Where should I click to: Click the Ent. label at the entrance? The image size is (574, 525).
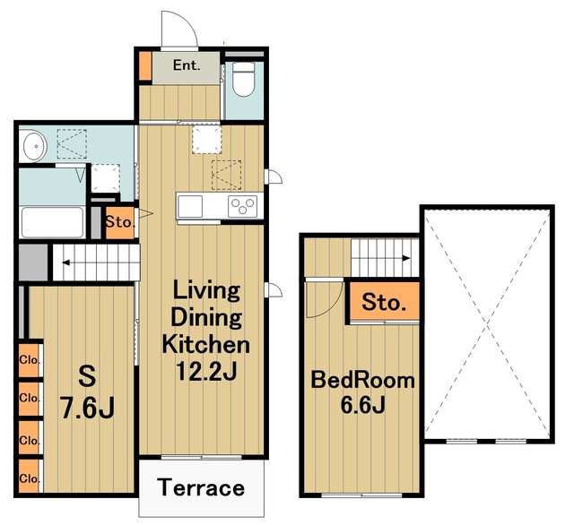(187, 65)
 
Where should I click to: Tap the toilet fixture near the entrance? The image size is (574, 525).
(243, 80)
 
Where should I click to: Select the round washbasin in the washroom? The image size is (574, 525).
(35, 146)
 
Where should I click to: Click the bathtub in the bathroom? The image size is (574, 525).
(52, 222)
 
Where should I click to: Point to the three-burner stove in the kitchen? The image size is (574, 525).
(242, 207)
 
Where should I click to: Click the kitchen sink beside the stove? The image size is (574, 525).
(190, 207)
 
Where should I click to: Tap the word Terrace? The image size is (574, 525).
(201, 487)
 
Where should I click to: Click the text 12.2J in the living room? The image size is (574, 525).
(206, 371)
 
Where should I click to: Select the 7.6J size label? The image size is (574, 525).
(88, 409)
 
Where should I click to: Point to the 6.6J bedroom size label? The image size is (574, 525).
(362, 404)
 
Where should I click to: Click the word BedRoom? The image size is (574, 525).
(362, 380)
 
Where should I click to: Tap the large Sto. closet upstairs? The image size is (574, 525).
(384, 301)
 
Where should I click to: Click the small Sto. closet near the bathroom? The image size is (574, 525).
(120, 223)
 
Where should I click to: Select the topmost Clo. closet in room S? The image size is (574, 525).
(29, 360)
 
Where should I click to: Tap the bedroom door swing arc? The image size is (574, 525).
(332, 307)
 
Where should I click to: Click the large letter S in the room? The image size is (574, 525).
(88, 376)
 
